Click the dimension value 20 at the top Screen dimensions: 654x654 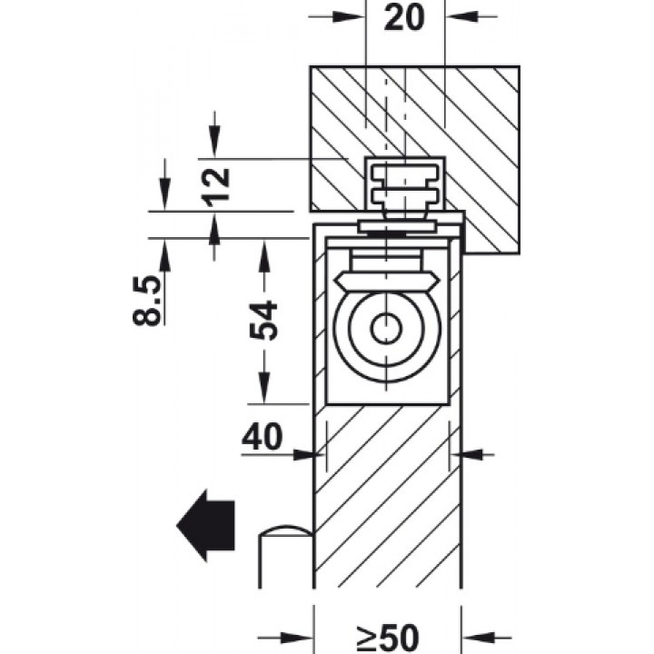(x=403, y=18)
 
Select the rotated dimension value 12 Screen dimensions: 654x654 (x=215, y=187)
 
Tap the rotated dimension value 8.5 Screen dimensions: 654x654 (x=146, y=300)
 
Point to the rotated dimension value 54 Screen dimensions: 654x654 (x=263, y=320)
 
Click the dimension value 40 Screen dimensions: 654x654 (x=262, y=437)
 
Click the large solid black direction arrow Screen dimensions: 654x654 (x=205, y=526)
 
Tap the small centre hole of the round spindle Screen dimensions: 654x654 (x=387, y=328)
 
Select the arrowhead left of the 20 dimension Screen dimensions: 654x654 (x=350, y=16)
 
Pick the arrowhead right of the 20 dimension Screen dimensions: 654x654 (x=461, y=16)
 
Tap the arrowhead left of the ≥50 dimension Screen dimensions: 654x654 (x=297, y=649)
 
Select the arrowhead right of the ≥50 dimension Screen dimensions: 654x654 (x=478, y=649)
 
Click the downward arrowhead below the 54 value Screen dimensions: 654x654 (x=263, y=388)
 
